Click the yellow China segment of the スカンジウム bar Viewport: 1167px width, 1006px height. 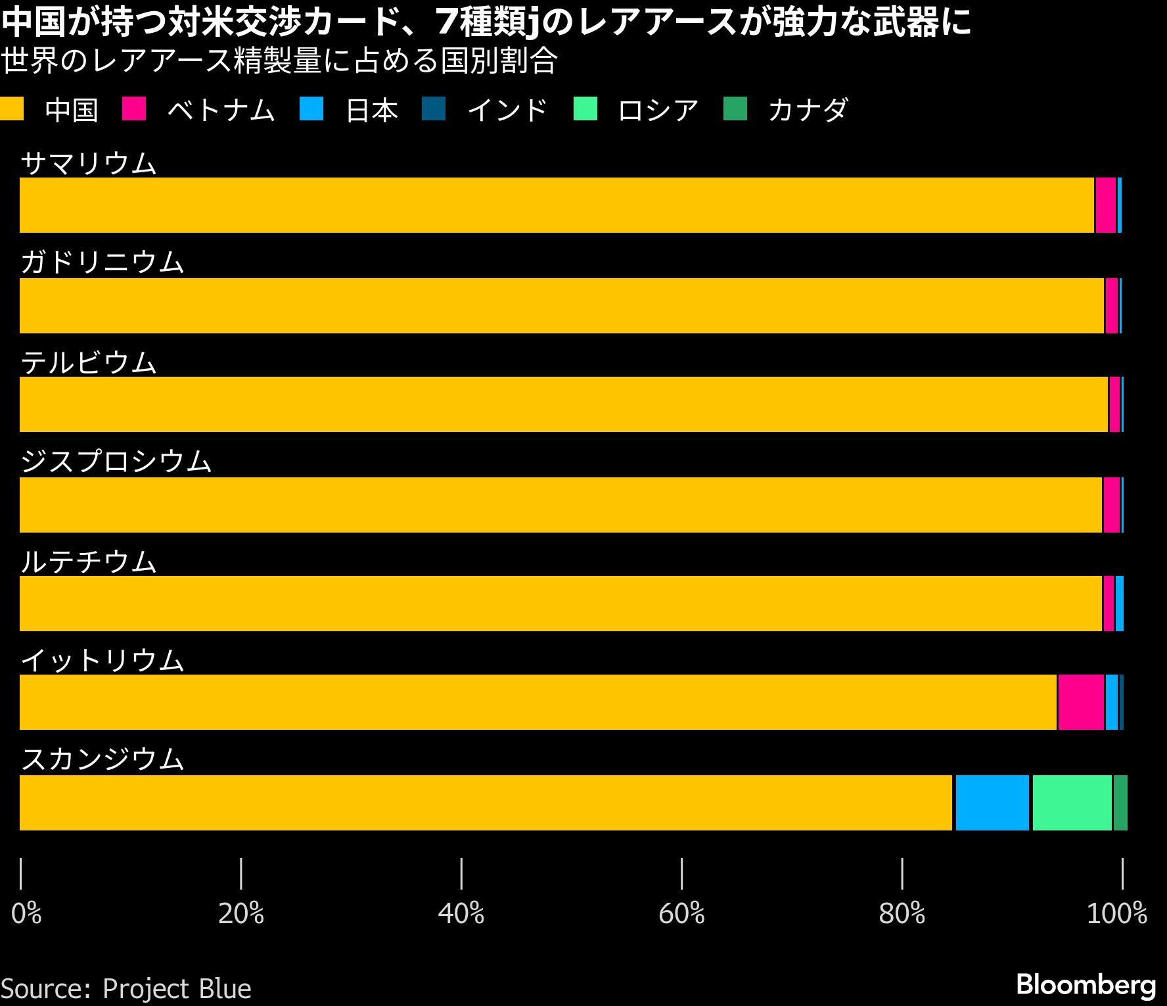(486, 803)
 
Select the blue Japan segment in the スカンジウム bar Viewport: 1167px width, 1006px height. (992, 803)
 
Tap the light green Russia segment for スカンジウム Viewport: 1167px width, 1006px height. (1072, 803)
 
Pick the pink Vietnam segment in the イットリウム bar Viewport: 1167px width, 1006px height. (1081, 702)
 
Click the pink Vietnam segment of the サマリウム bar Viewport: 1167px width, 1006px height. (1106, 205)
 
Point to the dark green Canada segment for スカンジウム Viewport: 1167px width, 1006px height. (1120, 803)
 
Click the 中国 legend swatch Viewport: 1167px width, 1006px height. (12, 109)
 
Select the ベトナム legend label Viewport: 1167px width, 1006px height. (221, 110)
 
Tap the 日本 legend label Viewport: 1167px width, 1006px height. (372, 110)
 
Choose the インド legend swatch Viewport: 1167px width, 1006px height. (434, 109)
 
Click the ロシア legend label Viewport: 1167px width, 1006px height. (658, 110)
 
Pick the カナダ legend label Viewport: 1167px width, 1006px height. (808, 110)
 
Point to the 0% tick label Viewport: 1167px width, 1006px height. (26, 913)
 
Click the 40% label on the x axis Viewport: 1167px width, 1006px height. (461, 913)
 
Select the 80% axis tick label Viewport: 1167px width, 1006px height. (902, 913)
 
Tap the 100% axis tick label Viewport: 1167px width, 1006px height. (1117, 913)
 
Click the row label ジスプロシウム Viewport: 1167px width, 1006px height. (116, 462)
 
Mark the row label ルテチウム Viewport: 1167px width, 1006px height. (89, 562)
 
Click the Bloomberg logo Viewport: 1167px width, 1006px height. (1086, 984)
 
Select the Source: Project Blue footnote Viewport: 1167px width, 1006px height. (126, 989)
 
